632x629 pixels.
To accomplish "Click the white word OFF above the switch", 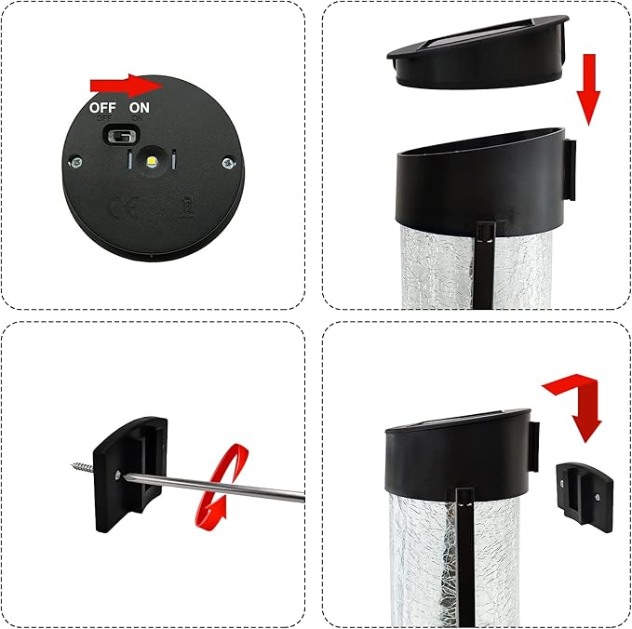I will pos(102,107).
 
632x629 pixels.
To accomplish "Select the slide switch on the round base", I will pos(118,137).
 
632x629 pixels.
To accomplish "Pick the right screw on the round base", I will pos(227,164).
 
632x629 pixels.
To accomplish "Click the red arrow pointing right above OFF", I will pos(127,86).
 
